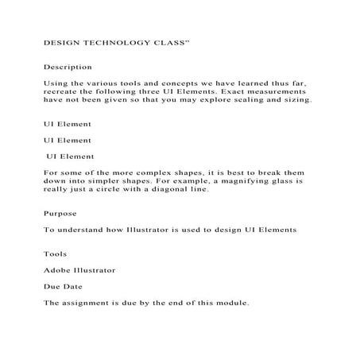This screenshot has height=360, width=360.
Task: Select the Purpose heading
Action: pos(60,213)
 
